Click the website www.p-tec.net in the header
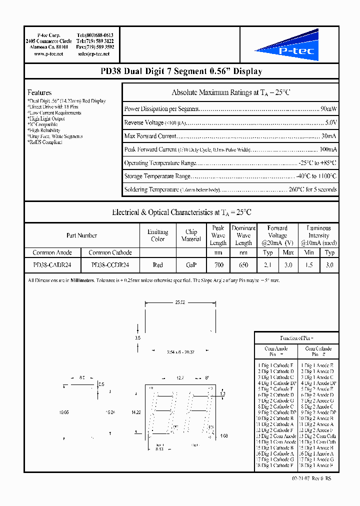pos(48,53)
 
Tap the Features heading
pos(39,92)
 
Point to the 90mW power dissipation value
pos(328,108)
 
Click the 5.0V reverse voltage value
pos(331,122)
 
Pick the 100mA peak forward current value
pos(328,149)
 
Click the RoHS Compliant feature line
pos(45,142)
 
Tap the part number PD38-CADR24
pos(52,265)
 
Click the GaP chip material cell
pos(191,265)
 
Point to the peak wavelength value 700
pos(218,265)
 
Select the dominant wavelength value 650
pos(243,265)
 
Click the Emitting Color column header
pos(157,235)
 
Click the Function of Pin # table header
pos(296,338)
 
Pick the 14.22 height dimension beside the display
pos(135,412)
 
